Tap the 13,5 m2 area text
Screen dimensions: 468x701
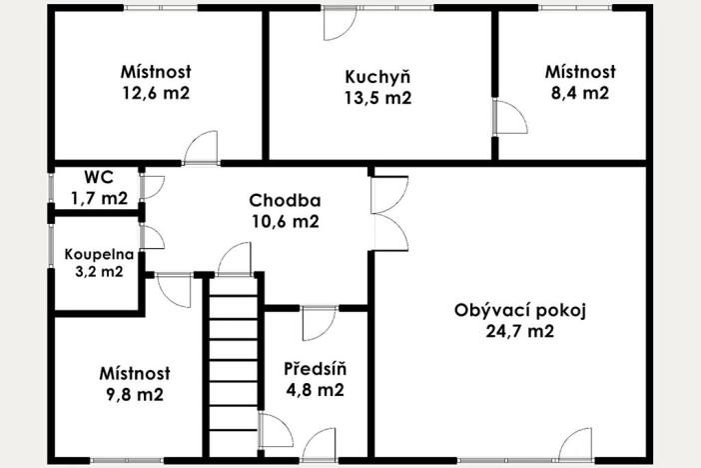tap(377, 98)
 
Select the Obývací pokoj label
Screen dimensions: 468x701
tap(518, 311)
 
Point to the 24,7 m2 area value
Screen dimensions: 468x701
tap(518, 332)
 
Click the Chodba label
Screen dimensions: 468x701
tap(284, 201)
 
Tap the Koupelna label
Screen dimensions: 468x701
tap(95, 254)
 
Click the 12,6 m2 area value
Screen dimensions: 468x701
tap(156, 93)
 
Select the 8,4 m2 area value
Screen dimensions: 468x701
tap(580, 93)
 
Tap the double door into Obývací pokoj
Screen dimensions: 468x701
tap(389, 213)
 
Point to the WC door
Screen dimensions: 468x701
tap(153, 187)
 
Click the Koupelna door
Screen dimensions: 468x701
tap(153, 238)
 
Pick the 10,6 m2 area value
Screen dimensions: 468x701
tap(284, 222)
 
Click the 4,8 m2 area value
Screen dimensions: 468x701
tap(315, 391)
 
